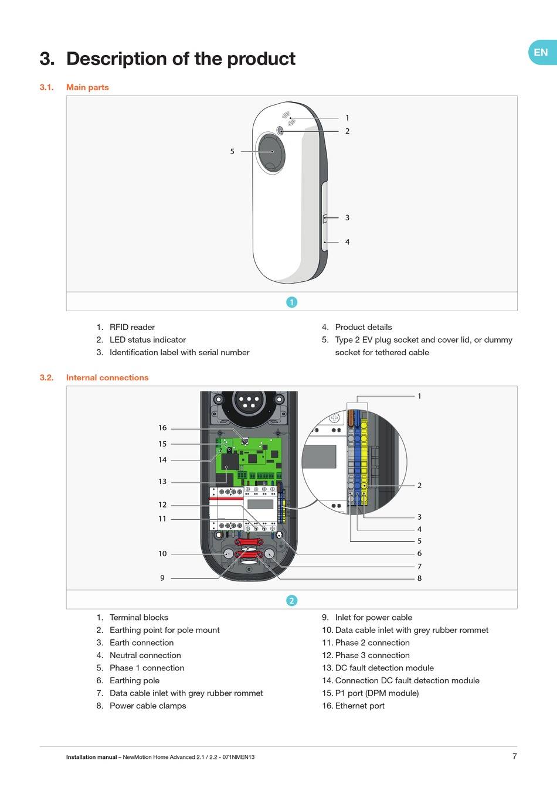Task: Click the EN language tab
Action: (x=541, y=53)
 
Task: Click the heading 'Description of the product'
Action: (x=181, y=59)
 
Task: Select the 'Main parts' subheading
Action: (x=87, y=87)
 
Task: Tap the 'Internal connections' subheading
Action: (x=107, y=377)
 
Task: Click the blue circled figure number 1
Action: (x=292, y=302)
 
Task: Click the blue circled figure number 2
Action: (x=292, y=600)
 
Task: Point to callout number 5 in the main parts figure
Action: (x=232, y=151)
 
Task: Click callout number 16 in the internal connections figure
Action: (x=162, y=428)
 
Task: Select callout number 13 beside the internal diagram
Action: (x=162, y=482)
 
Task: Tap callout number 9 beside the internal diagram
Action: (x=162, y=578)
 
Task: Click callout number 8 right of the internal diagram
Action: (x=419, y=578)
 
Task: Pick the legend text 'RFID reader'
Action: (x=132, y=327)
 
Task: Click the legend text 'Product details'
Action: (x=364, y=327)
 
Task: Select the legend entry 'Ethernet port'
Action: (x=359, y=706)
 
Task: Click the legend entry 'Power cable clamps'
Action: (x=148, y=706)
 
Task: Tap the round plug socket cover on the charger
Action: (x=271, y=152)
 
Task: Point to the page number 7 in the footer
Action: (x=514, y=756)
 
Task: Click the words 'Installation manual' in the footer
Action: (x=91, y=757)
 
